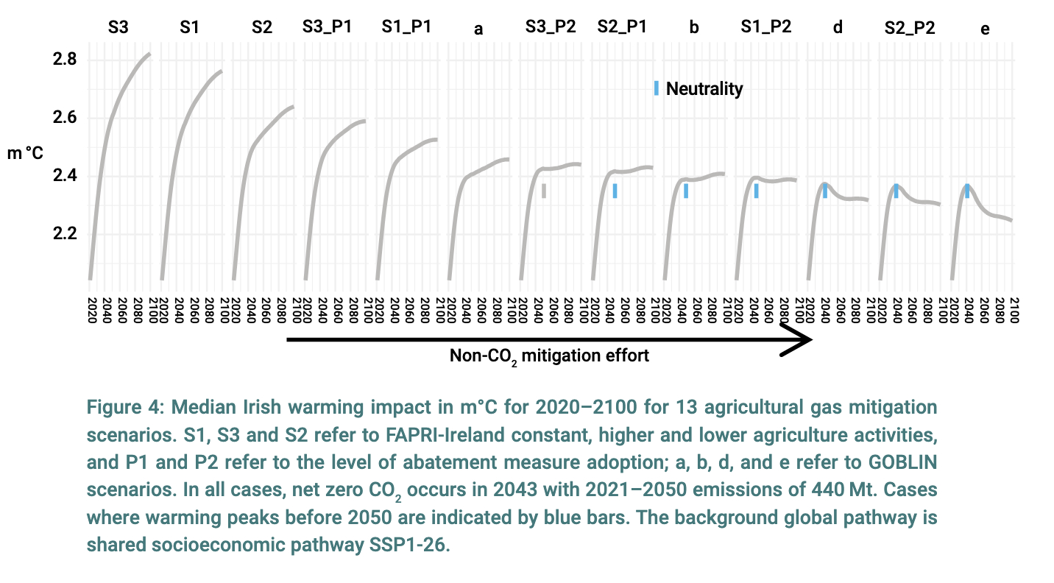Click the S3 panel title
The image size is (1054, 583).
pos(118,28)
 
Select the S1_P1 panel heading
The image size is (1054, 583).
pos(406,28)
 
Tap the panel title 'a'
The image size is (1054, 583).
pos(478,29)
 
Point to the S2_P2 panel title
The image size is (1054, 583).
pos(910,28)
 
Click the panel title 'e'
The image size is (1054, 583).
pos(986,29)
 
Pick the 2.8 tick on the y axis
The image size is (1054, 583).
pos(65,59)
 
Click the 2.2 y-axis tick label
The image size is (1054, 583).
pos(65,235)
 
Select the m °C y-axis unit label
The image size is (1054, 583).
pos(25,155)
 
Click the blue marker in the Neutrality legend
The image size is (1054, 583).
pos(656,88)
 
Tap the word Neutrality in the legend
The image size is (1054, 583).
pos(704,89)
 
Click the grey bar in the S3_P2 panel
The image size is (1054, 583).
pos(544,191)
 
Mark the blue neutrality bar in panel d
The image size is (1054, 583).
pos(825,191)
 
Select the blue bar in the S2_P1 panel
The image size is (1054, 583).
pos(615,191)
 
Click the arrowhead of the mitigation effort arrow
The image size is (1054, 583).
pos(799,339)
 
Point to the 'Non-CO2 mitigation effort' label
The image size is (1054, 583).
pos(550,356)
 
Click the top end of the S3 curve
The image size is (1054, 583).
pos(149,54)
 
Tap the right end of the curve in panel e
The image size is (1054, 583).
pos(1011,219)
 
